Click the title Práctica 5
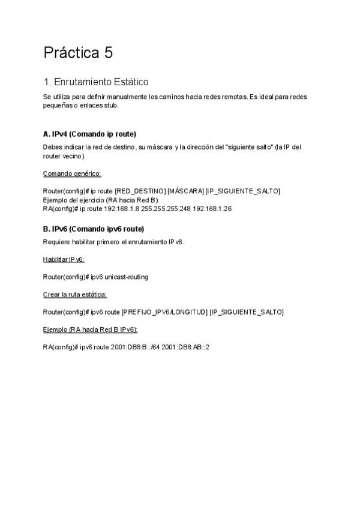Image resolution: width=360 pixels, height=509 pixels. pos(78,53)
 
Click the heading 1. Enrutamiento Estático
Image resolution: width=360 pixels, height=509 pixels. pos(96,82)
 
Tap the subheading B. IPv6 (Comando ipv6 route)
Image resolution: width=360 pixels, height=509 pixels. pos(94,229)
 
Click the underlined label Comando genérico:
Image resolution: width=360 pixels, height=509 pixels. pos(72,174)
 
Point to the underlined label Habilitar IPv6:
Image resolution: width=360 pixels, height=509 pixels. pos(64,259)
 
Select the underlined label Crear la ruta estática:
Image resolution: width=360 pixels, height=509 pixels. pos(75,295)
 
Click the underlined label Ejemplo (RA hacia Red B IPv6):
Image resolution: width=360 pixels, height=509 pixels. pos(91,330)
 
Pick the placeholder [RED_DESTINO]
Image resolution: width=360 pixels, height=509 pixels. pos(140,191)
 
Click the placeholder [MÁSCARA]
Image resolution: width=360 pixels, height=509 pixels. pos(185,191)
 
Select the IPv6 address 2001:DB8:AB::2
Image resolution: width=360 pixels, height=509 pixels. pos(187,347)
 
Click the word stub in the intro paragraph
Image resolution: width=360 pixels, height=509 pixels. pos(111,105)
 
